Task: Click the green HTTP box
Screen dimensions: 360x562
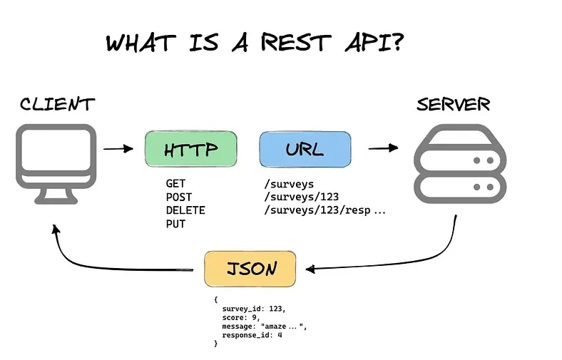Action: (190, 150)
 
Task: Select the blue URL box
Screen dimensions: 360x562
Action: (305, 150)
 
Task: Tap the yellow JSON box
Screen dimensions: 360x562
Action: (250, 269)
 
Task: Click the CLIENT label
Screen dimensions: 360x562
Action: (57, 104)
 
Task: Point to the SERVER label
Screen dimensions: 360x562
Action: (454, 104)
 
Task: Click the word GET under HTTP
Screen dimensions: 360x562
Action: (175, 184)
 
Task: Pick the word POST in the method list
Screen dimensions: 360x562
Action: (178, 197)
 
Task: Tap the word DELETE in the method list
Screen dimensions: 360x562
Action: (185, 210)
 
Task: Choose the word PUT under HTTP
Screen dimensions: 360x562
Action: (175, 224)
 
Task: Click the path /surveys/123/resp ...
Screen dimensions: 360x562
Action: (318, 210)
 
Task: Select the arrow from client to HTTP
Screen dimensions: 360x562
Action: (118, 149)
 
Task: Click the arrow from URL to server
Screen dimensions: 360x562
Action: (383, 148)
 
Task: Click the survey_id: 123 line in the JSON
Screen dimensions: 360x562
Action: (253, 309)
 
